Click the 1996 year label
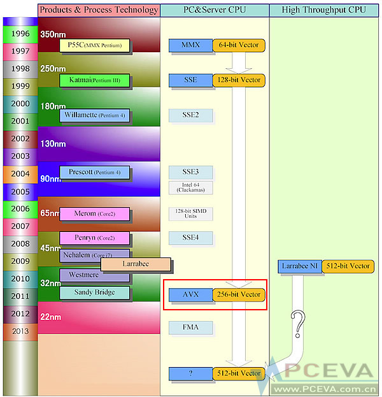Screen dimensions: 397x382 [x=20, y=34]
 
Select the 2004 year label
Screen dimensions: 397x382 [x=20, y=173]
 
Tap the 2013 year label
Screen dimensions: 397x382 [x=20, y=331]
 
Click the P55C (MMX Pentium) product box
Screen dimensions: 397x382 [x=95, y=45]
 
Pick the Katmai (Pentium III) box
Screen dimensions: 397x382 [x=95, y=80]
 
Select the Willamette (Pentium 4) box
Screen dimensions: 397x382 [x=95, y=115]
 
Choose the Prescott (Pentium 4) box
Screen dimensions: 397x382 [x=95, y=172]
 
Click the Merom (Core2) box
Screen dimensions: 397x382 [x=95, y=213]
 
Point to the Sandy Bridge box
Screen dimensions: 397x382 [x=95, y=292]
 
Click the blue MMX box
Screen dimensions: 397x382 [x=190, y=45]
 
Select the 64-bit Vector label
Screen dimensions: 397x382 [x=239, y=45]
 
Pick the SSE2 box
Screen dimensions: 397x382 [x=190, y=115]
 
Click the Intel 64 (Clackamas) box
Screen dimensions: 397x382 [x=190, y=187]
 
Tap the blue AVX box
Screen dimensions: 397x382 [x=190, y=294]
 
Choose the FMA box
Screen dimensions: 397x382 [x=190, y=328]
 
